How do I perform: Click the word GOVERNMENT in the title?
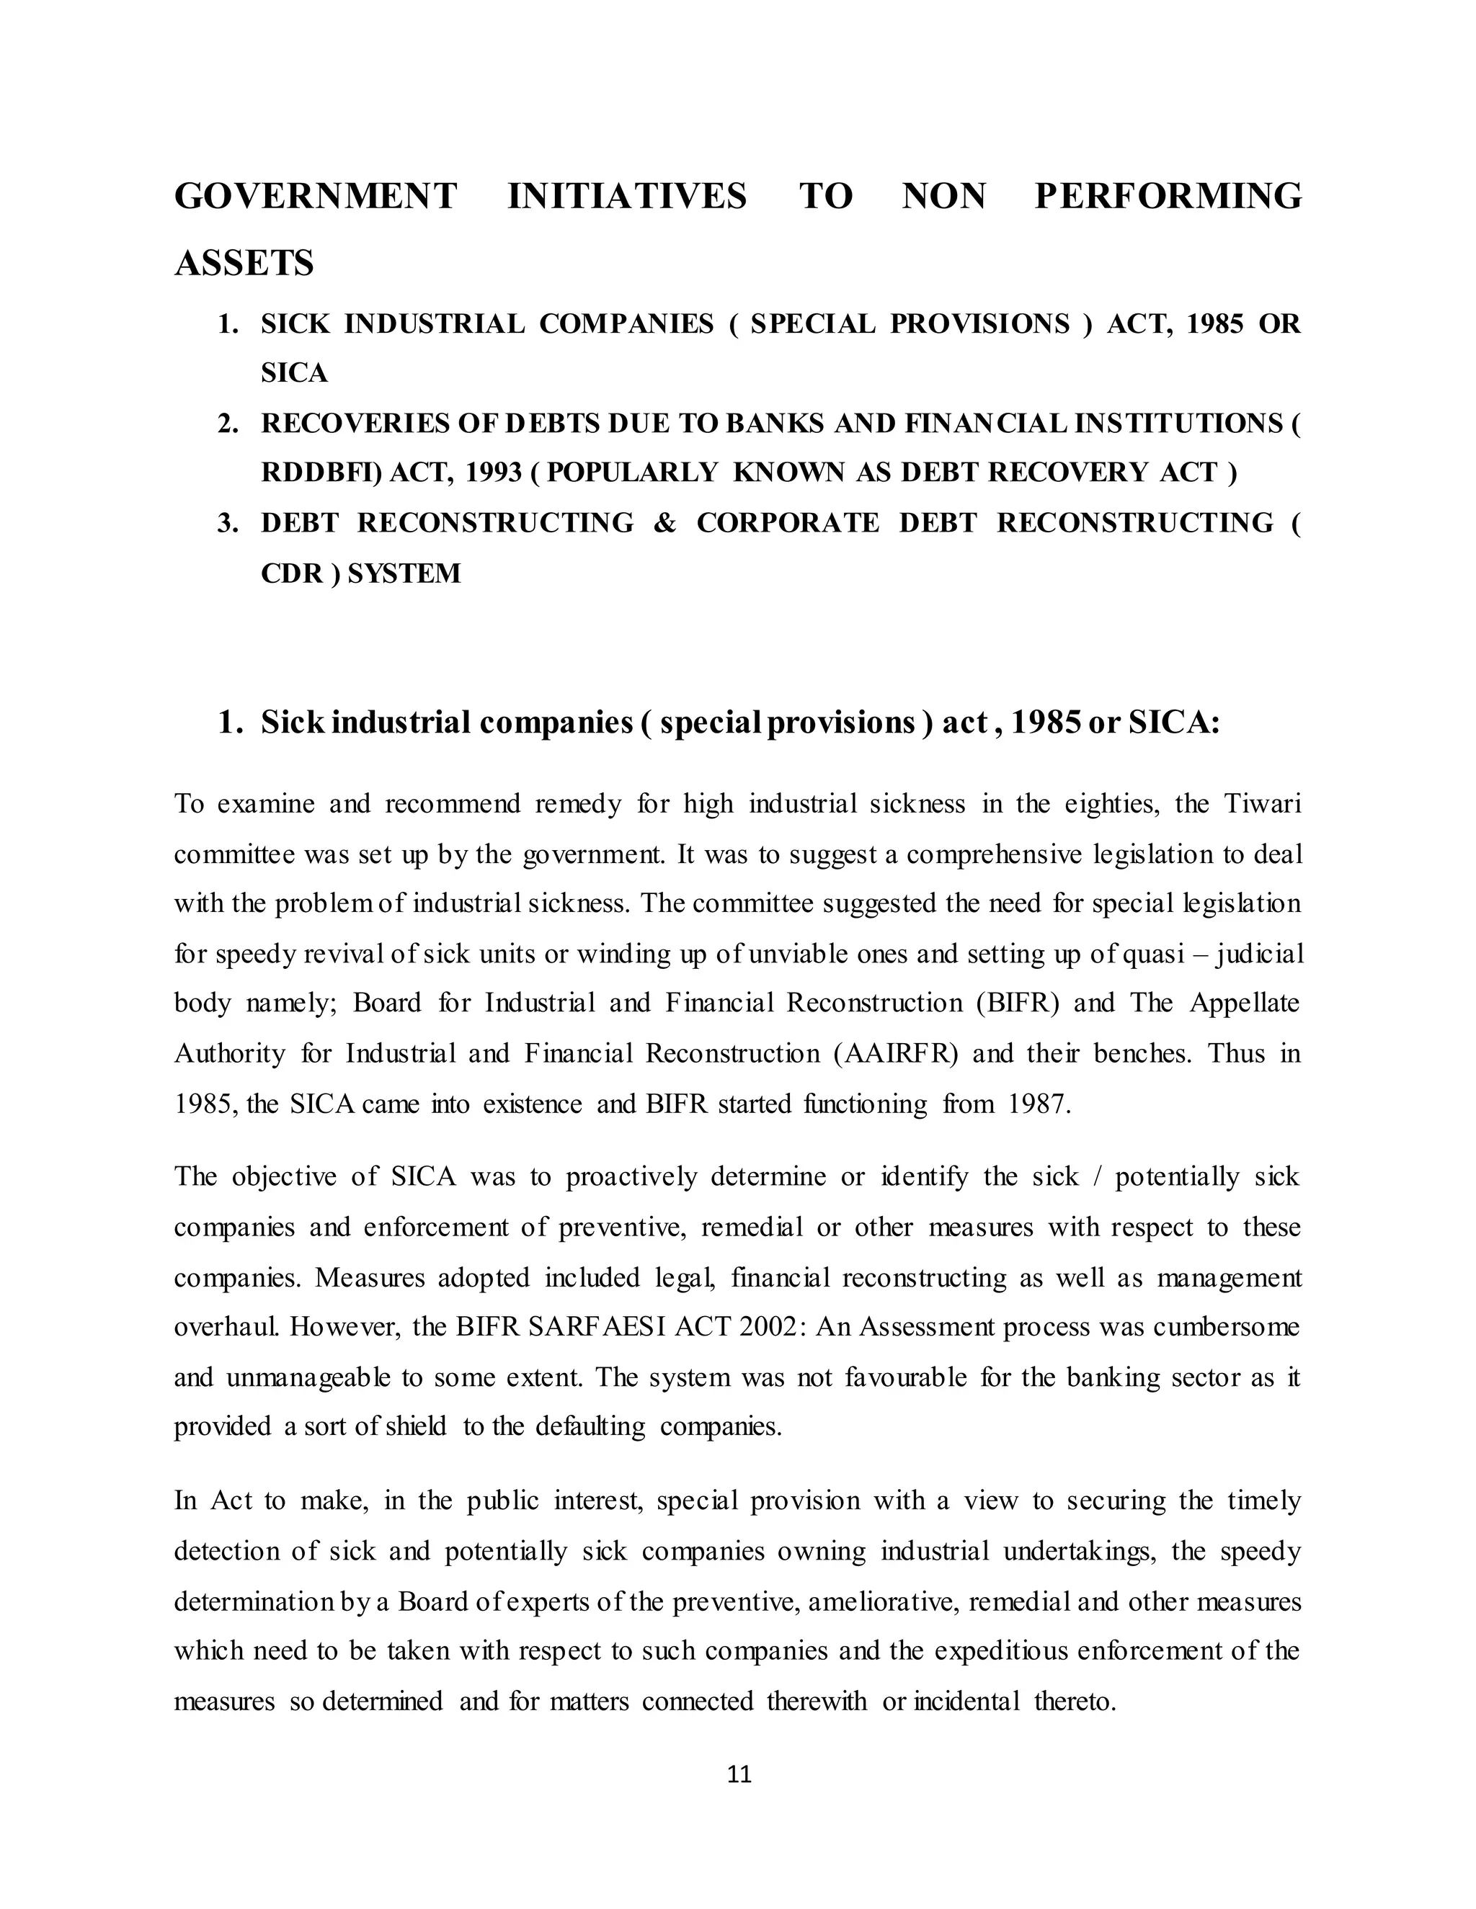coord(316,196)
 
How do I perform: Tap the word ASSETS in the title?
coord(244,263)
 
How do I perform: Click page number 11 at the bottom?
coord(739,1774)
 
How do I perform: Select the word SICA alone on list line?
coord(294,373)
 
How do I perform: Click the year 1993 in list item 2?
coord(493,473)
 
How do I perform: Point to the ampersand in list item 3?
coord(664,523)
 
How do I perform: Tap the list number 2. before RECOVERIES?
coord(228,424)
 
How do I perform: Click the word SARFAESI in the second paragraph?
coord(597,1327)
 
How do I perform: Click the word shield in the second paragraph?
coord(415,1426)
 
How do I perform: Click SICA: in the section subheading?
coord(1173,723)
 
